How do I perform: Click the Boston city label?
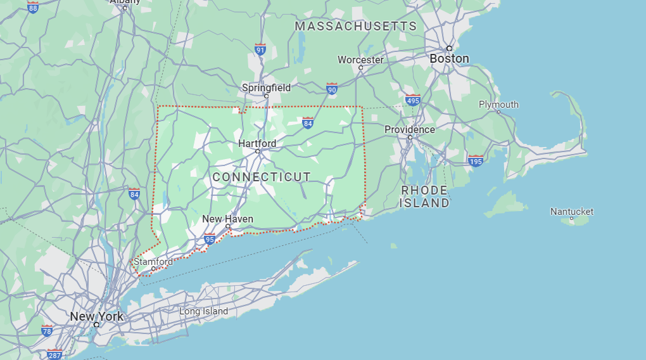(449, 59)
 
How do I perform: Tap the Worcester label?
(360, 60)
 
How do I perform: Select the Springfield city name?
(266, 87)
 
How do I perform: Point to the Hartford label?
(257, 143)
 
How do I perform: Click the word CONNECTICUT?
(262, 177)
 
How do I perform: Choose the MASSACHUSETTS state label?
(356, 26)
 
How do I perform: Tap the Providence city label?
(410, 129)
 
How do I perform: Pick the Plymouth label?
(498, 105)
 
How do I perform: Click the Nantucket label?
(572, 211)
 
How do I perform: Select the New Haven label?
(227, 219)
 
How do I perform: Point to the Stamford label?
(153, 261)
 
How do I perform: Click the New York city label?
(97, 316)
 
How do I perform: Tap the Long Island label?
(203, 311)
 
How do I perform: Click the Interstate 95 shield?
(210, 238)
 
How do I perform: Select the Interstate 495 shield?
(413, 100)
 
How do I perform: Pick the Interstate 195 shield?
(476, 161)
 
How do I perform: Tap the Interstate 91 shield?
(260, 49)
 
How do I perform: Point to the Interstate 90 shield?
(332, 89)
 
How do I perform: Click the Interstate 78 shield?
(47, 330)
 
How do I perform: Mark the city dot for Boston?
(449, 48)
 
